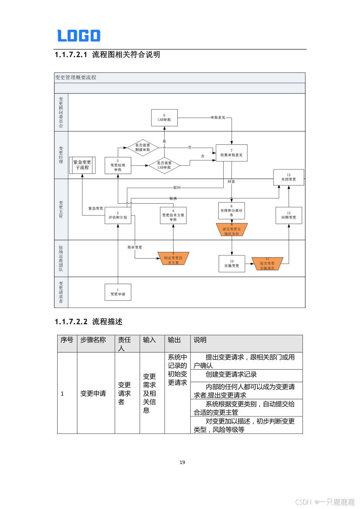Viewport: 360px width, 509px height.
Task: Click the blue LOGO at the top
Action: (79, 36)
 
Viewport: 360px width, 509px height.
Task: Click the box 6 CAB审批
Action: (164, 118)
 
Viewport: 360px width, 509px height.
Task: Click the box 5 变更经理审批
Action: (117, 165)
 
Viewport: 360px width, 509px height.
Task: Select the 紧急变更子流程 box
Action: (82, 165)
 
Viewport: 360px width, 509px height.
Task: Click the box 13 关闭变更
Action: (288, 177)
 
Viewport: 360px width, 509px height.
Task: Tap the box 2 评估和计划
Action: (118, 215)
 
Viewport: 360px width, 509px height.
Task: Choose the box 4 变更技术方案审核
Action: (173, 215)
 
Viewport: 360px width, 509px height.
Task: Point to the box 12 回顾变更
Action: (288, 215)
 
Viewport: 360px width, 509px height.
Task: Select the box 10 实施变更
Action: (232, 263)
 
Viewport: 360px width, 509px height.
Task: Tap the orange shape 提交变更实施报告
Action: (267, 263)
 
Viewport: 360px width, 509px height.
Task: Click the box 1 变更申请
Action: (118, 292)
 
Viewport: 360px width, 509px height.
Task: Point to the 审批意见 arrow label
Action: (218, 118)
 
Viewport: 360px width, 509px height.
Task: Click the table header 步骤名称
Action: (93, 340)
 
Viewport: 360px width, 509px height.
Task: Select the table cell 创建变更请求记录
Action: (231, 375)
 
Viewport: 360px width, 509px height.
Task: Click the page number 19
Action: (182, 462)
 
